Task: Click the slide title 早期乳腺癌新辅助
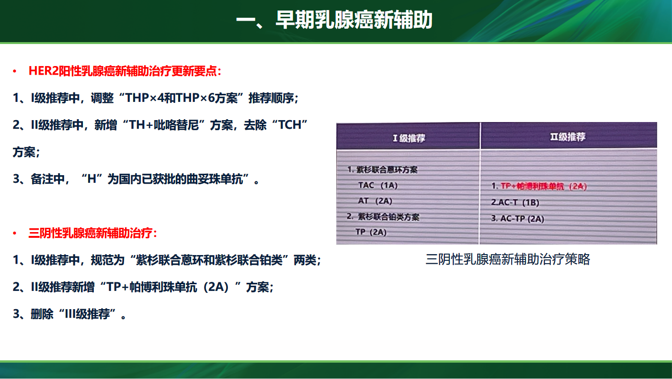354,20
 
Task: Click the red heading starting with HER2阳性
125,71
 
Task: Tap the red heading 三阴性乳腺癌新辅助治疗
93,233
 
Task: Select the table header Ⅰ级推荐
409,138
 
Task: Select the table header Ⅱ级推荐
568,137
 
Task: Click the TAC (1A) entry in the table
378,185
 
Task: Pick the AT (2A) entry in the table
375,201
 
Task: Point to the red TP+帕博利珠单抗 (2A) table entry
544,186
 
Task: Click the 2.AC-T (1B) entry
515,202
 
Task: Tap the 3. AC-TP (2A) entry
517,219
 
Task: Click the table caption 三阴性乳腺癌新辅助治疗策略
508,259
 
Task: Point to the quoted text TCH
290,125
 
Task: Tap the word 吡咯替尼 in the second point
176,125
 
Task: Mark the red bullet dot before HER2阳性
14,71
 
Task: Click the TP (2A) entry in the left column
371,232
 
